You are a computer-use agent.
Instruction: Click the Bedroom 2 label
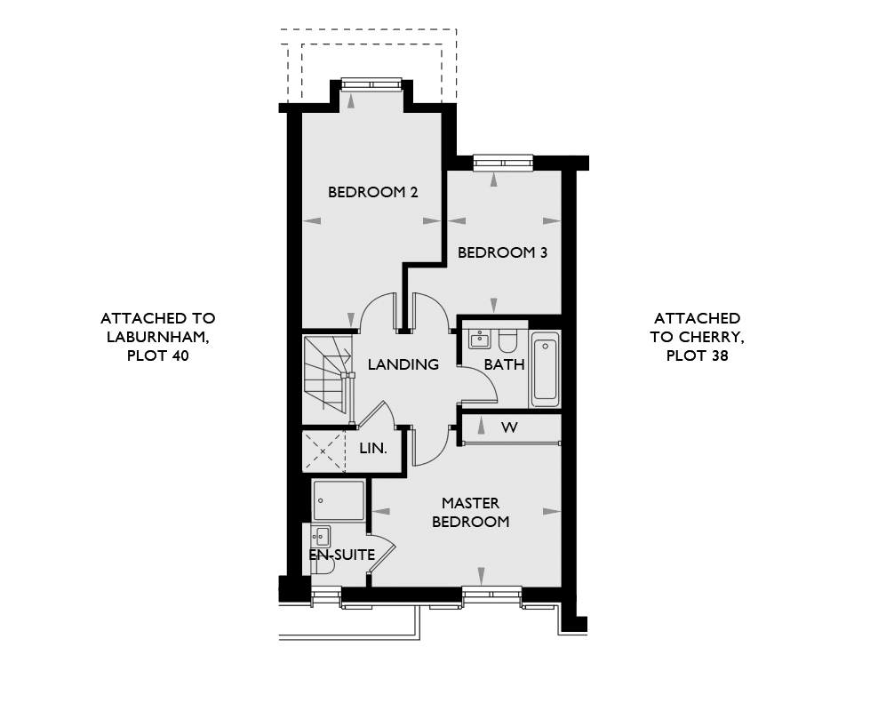pyautogui.click(x=373, y=193)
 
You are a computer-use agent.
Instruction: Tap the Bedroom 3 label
pyautogui.click(x=502, y=252)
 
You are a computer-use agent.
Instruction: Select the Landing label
pyautogui.click(x=403, y=364)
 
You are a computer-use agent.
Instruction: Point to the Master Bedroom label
pyautogui.click(x=471, y=512)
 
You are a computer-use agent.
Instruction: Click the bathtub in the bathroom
pyautogui.click(x=545, y=370)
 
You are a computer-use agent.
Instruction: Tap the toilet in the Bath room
pyautogui.click(x=508, y=340)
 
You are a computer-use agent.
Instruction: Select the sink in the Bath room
pyautogui.click(x=479, y=339)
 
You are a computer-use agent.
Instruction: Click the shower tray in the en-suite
pyautogui.click(x=339, y=500)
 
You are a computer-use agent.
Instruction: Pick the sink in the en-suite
pyautogui.click(x=321, y=536)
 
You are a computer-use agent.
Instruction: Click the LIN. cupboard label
pyautogui.click(x=373, y=449)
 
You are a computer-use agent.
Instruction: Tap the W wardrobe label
pyautogui.click(x=509, y=427)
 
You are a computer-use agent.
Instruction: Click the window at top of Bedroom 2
pyautogui.click(x=371, y=84)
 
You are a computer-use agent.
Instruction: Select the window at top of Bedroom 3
pyautogui.click(x=503, y=163)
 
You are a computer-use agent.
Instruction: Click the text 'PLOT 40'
pyautogui.click(x=158, y=356)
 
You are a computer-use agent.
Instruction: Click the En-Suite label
pyautogui.click(x=341, y=555)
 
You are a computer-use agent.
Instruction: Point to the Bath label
pyautogui.click(x=504, y=364)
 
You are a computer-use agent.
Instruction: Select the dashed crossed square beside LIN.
pyautogui.click(x=323, y=451)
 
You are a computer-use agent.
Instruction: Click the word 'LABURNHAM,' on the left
pyautogui.click(x=158, y=338)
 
